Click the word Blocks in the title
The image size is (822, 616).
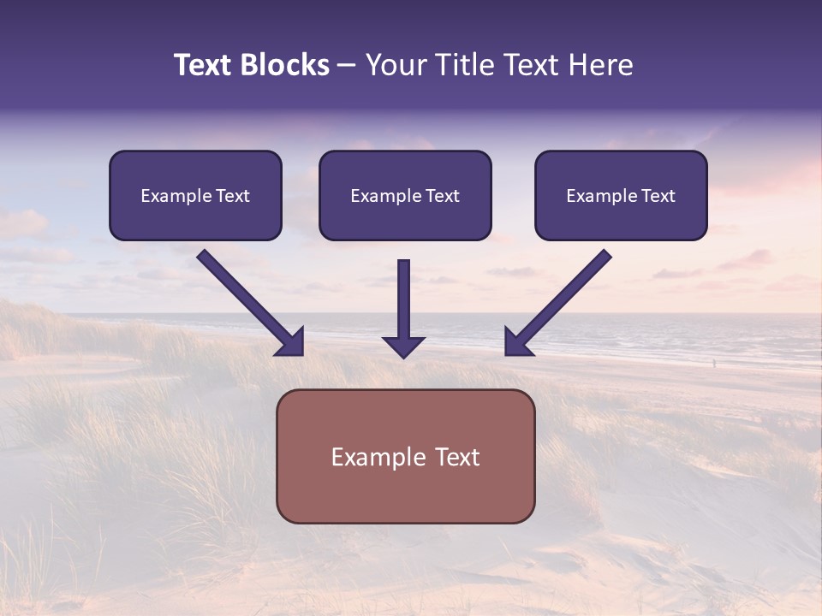[283, 65]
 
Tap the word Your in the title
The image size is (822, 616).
[396, 65]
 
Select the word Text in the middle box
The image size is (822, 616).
[443, 196]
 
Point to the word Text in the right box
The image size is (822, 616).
[658, 196]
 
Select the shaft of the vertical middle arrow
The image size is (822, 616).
[404, 295]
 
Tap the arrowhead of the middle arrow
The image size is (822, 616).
[404, 346]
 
